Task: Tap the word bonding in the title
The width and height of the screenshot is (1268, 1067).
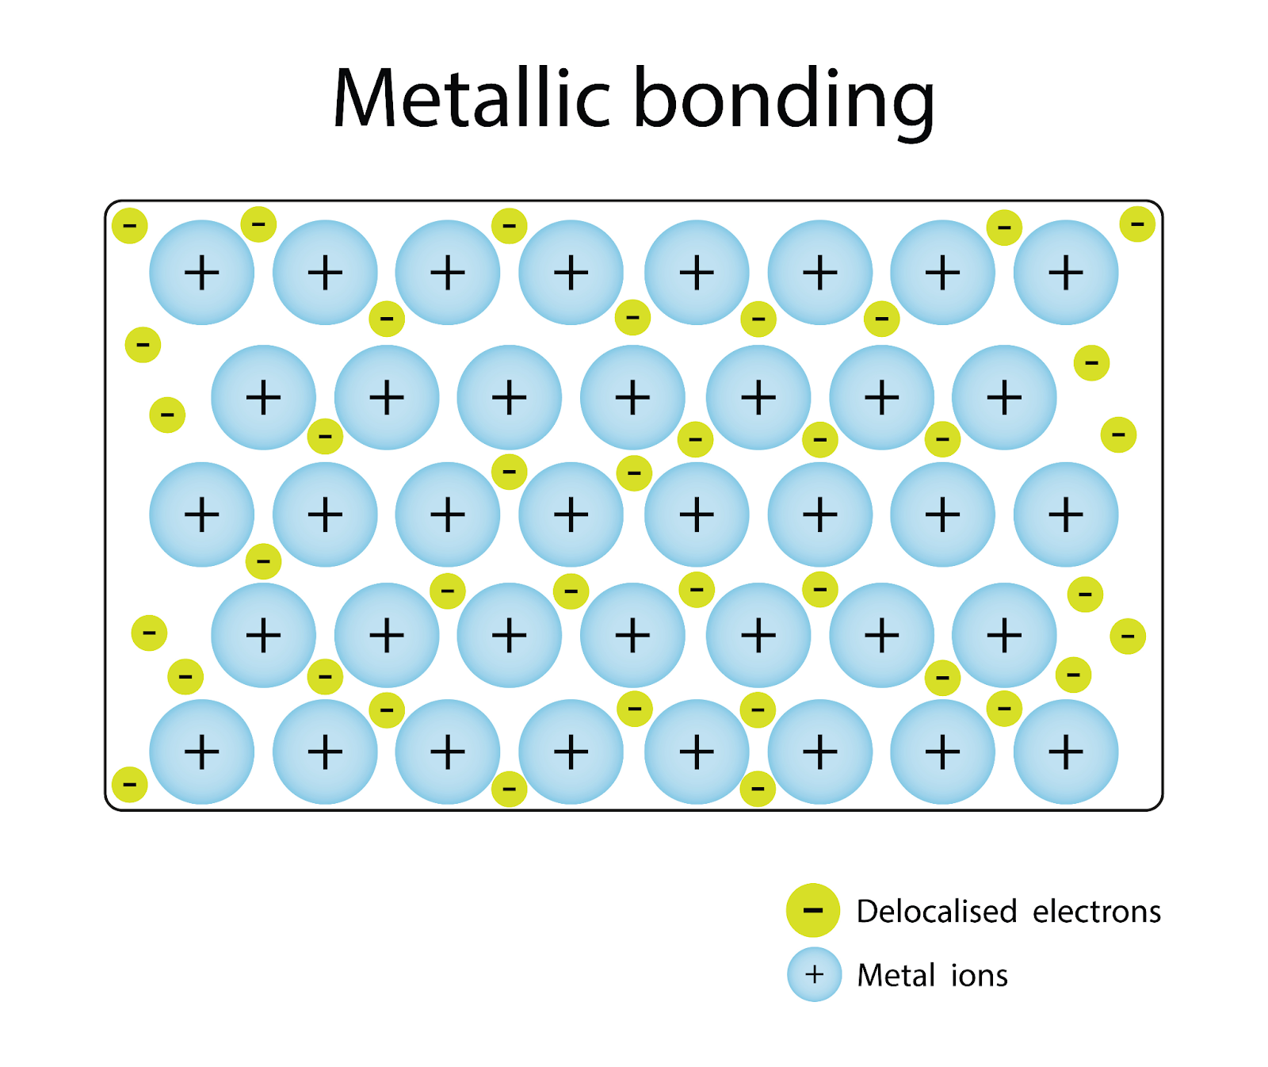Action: coord(785,99)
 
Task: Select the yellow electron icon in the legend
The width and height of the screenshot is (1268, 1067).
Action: coord(813,910)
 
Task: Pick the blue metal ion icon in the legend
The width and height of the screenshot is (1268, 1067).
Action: coord(814,974)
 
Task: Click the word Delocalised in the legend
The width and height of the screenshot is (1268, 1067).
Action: coord(937,912)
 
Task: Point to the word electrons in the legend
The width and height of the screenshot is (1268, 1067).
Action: coord(1097,912)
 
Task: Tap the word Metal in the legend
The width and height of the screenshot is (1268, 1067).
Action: coord(896,975)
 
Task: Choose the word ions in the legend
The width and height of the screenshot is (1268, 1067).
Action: coord(980,975)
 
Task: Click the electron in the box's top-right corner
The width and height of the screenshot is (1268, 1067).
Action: coord(1137,224)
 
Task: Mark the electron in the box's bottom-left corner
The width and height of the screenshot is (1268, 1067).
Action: coord(130,785)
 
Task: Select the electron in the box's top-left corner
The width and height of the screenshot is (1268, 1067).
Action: coord(130,226)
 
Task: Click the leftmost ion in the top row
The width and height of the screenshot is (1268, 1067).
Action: coord(202,273)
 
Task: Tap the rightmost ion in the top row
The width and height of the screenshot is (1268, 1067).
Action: coord(1066,273)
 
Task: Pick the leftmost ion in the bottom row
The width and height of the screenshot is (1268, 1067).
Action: coord(202,751)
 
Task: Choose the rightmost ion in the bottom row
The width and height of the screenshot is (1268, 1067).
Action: coord(1066,751)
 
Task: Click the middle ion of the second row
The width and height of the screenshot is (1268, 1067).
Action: coord(632,397)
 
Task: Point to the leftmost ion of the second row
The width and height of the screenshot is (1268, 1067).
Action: coord(264,397)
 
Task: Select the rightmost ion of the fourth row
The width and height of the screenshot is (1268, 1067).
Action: coord(1004,635)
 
